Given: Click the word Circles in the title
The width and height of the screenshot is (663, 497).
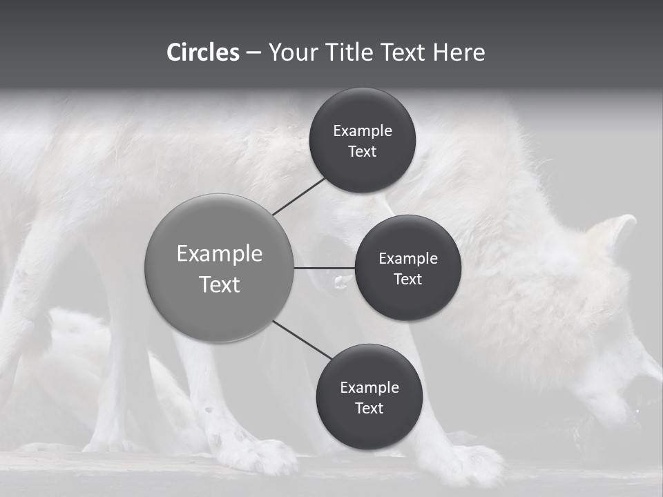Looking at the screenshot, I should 203,52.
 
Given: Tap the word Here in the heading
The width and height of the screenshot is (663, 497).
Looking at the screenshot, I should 459,52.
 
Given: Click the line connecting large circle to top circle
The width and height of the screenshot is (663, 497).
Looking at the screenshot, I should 300,195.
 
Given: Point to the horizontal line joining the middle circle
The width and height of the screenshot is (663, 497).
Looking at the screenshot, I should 324,268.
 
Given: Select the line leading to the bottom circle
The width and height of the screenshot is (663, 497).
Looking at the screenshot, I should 302,340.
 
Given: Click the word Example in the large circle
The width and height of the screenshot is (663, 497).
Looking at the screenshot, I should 220,254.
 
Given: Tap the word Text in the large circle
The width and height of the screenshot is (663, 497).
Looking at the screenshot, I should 220,284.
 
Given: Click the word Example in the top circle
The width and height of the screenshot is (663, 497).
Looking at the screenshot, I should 363,131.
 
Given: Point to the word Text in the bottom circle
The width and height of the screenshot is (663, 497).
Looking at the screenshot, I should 369,409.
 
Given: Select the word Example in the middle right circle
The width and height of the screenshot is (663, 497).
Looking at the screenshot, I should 408,259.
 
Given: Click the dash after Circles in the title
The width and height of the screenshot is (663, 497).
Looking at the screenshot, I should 253,52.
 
